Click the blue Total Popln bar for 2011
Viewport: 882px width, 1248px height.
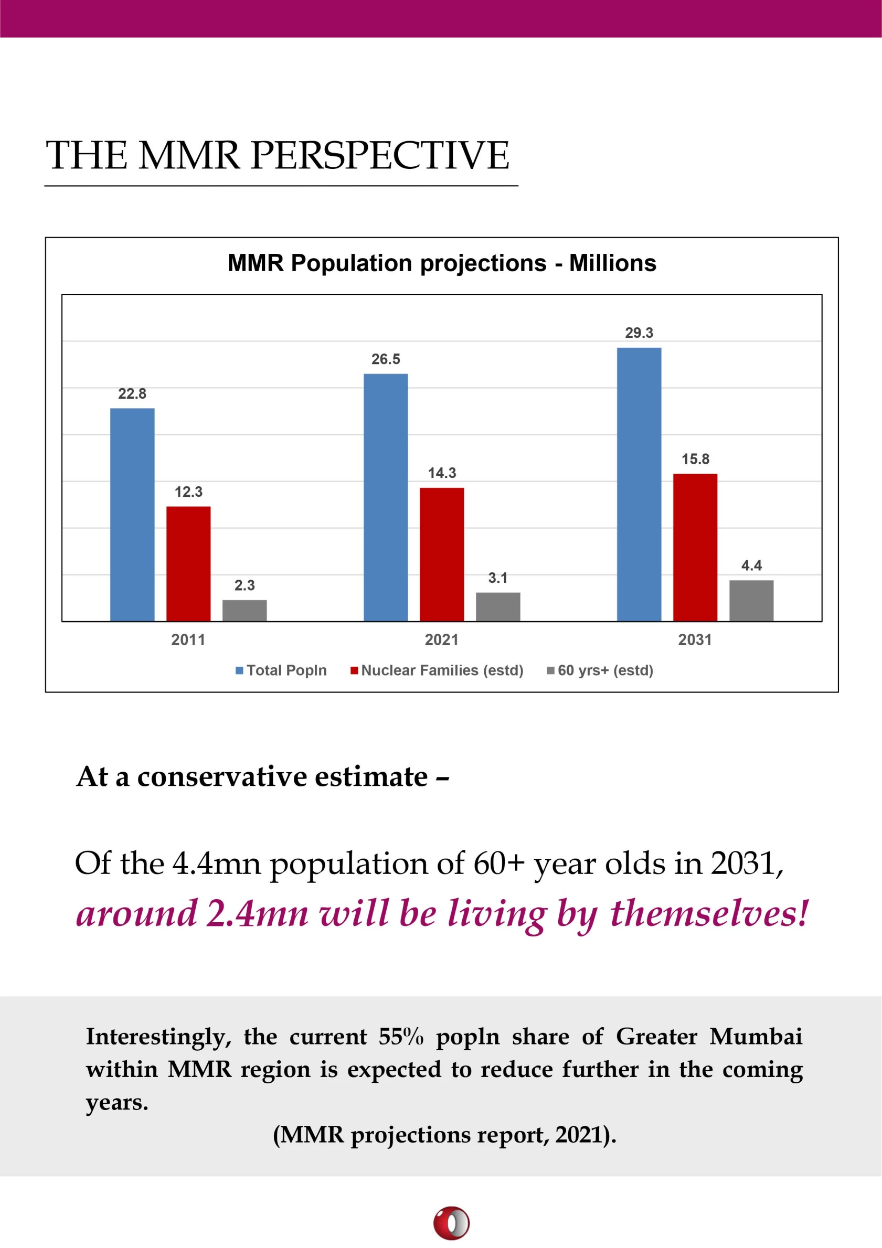(132, 514)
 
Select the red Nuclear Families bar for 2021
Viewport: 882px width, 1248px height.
(442, 554)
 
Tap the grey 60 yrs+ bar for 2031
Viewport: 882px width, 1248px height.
(751, 600)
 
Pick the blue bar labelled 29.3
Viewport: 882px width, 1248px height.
(639, 484)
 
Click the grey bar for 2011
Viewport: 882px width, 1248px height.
(244, 610)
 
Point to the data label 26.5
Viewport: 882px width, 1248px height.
(386, 359)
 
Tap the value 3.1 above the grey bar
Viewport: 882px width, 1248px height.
(497, 578)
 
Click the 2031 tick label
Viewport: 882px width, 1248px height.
(695, 640)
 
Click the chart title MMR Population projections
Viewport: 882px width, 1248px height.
(442, 263)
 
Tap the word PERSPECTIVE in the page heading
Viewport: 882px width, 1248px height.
(379, 155)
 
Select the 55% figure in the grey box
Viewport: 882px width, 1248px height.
(401, 1037)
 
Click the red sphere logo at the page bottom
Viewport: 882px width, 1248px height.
(451, 1222)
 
